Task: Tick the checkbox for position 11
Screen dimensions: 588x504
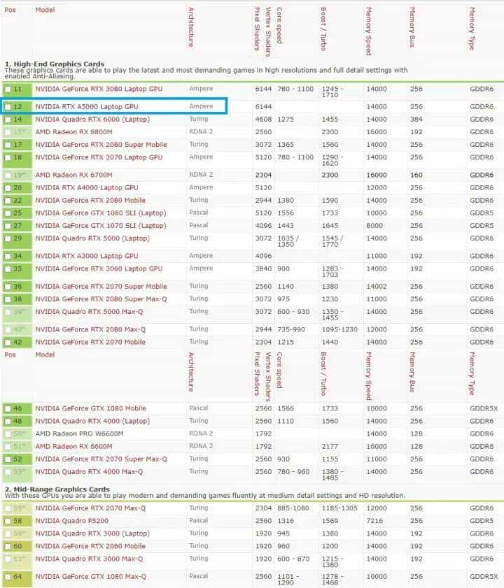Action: (7, 89)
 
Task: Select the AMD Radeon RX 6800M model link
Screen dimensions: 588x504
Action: (73, 132)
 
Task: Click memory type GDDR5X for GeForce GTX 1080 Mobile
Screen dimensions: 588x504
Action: (484, 408)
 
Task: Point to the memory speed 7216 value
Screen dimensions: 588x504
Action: (375, 521)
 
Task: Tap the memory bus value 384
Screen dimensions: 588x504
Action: (416, 120)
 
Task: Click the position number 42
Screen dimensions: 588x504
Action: (17, 342)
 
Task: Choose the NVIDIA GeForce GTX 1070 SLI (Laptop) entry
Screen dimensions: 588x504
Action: (100, 226)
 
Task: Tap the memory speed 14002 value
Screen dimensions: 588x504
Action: (376, 286)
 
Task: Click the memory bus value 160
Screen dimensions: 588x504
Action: (416, 175)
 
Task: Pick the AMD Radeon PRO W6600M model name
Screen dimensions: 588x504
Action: (79, 433)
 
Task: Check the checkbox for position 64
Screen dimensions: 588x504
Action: (7, 577)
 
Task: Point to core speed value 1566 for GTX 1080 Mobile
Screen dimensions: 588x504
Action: (285, 408)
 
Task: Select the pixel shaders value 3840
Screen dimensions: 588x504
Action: (262, 269)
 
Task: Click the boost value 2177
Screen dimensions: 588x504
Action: (329, 446)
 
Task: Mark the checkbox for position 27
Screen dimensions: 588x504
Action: (7, 226)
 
